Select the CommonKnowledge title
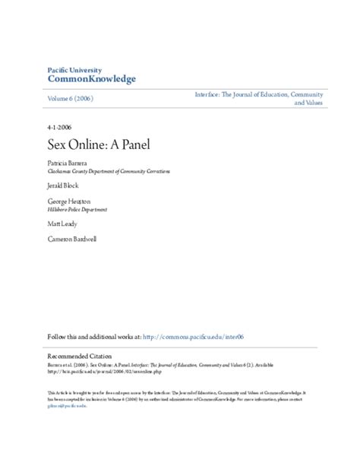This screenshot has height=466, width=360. pyautogui.click(x=91, y=79)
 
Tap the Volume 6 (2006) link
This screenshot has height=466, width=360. pyautogui.click(x=70, y=99)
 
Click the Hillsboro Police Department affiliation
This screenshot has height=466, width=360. pyautogui.click(x=77, y=208)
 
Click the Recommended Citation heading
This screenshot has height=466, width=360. pyautogui.click(x=79, y=356)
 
